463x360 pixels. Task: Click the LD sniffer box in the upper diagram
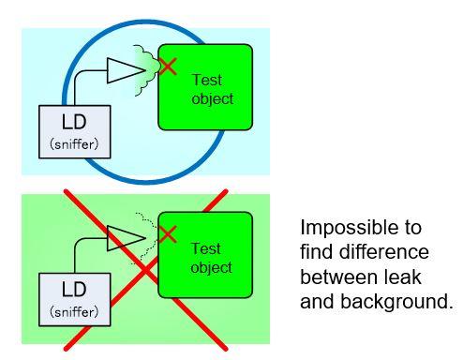(x=75, y=132)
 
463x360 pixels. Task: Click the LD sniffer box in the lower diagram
(x=75, y=300)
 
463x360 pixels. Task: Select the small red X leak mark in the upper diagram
(x=168, y=67)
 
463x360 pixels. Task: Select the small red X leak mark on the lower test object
(x=168, y=234)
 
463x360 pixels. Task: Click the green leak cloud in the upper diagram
(x=146, y=70)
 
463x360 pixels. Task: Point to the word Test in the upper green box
(x=207, y=80)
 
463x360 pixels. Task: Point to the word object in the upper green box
(x=213, y=99)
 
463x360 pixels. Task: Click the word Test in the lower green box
(x=206, y=248)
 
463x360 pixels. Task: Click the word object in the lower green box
(x=212, y=268)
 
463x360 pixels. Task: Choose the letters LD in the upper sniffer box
(x=74, y=122)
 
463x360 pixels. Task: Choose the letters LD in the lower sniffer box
(x=74, y=289)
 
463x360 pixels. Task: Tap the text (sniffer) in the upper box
(x=74, y=144)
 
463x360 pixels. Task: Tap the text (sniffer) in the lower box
(x=74, y=312)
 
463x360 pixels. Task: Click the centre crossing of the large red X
(x=146, y=270)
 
